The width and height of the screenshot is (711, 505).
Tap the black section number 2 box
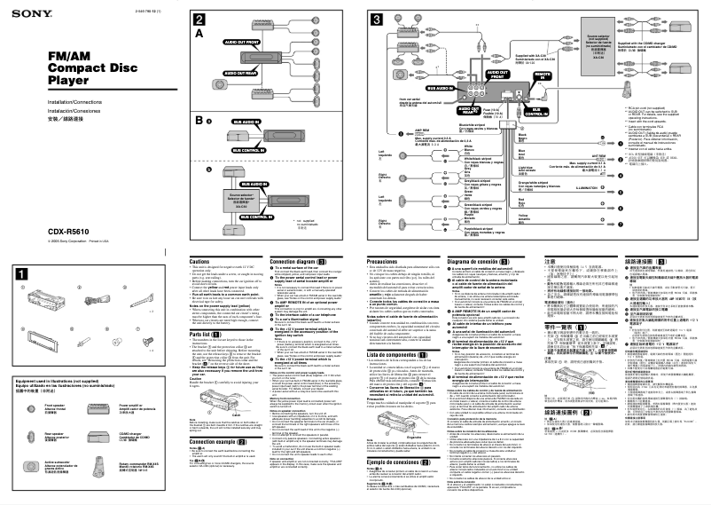pyautogui.click(x=200, y=20)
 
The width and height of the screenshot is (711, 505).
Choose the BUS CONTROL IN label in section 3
pyautogui.click(x=513, y=112)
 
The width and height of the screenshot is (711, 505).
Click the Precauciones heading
pyautogui.click(x=385, y=261)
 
